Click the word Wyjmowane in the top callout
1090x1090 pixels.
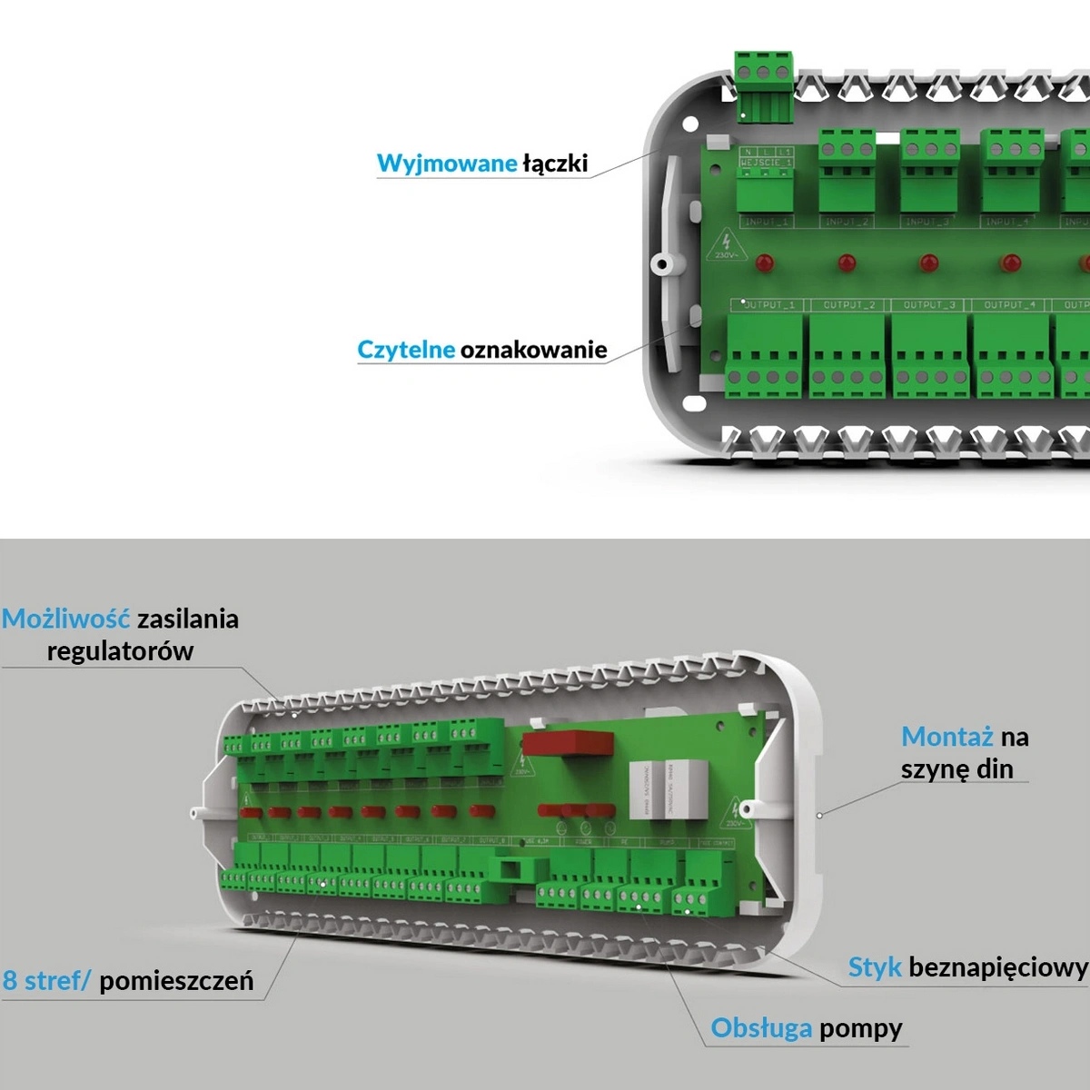coord(446,163)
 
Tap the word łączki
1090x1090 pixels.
coord(555,163)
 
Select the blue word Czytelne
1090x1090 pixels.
coord(405,350)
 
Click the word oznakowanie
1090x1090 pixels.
coord(533,350)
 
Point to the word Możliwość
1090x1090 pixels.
coord(65,619)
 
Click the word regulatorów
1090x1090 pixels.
coord(120,651)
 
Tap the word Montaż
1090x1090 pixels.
coord(946,737)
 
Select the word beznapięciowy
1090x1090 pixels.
coord(997,967)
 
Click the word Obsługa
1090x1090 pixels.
coord(761,1028)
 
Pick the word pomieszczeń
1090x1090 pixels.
coord(176,981)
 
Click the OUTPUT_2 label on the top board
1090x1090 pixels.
coord(849,305)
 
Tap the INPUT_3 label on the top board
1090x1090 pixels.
coord(926,222)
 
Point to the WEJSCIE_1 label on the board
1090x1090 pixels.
coord(766,163)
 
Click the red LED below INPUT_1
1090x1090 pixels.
coord(765,263)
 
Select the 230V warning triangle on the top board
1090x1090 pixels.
coord(726,243)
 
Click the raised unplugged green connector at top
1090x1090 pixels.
coord(763,84)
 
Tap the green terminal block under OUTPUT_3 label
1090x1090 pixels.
coord(930,355)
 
